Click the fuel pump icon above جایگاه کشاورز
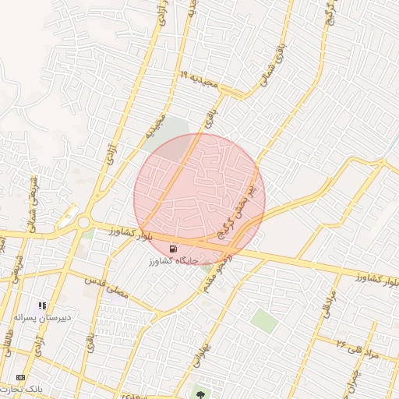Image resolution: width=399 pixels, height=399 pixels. point(172,248)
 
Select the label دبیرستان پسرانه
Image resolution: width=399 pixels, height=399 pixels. point(43,317)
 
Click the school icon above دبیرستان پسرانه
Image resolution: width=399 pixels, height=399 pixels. point(42,305)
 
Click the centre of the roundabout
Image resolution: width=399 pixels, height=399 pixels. point(83,224)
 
